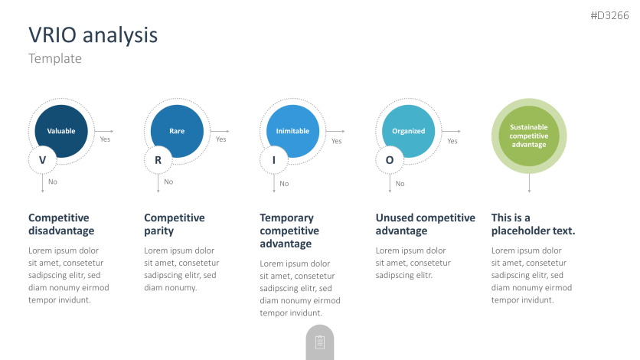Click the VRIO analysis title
(93, 35)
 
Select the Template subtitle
(55, 58)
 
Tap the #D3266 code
(609, 15)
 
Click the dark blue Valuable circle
(61, 131)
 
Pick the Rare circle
(177, 131)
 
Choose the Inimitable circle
(292, 131)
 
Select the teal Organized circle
(408, 131)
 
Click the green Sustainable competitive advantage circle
(529, 136)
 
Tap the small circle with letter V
(42, 160)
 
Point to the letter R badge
(158, 160)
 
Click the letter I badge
(274, 160)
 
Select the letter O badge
(390, 160)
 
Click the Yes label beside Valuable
(106, 139)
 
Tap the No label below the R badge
(168, 182)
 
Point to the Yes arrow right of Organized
(451, 131)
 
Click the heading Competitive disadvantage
(61, 224)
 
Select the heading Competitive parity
(175, 224)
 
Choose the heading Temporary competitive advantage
(289, 231)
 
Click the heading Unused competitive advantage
(426, 224)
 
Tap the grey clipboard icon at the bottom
(320, 342)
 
